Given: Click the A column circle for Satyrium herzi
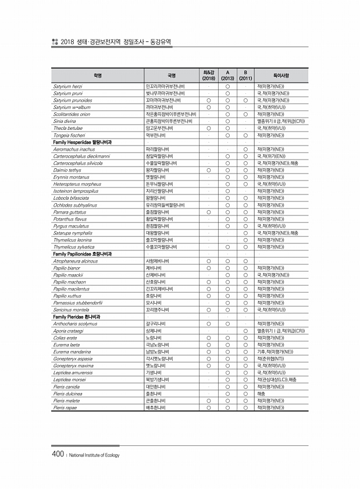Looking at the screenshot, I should pyautogui.click(x=228, y=86).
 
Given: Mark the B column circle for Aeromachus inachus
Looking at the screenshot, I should pyautogui.click(x=245, y=148).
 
